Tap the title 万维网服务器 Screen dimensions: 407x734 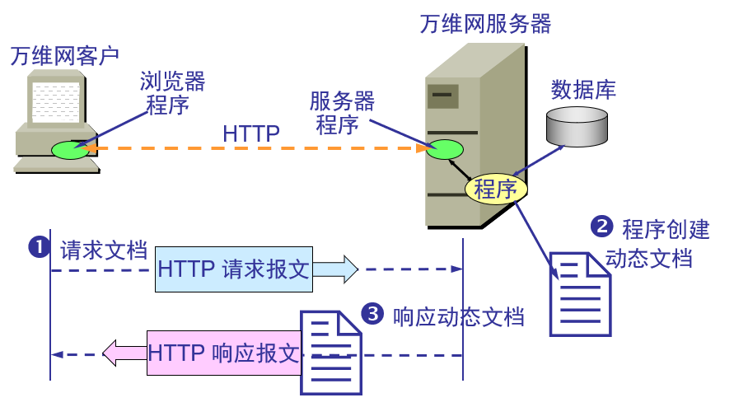pyautogui.click(x=485, y=23)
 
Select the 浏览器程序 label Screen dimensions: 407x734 pyautogui.click(x=171, y=93)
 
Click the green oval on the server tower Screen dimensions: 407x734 pyautogui.click(x=444, y=150)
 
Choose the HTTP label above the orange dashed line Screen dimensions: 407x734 pyautogui.click(x=250, y=133)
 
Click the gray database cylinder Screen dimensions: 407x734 pyautogui.click(x=576, y=126)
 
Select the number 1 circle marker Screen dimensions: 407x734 pyautogui.click(x=39, y=246)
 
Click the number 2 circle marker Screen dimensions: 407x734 pyautogui.click(x=603, y=226)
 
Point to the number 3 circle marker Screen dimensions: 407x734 pyautogui.click(x=373, y=314)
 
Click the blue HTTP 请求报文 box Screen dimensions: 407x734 pyautogui.click(x=233, y=269)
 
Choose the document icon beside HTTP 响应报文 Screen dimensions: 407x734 pyautogui.click(x=330, y=353)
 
